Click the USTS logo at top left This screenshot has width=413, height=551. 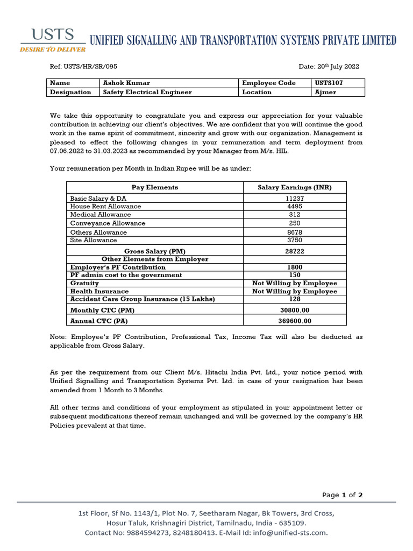pos(53,40)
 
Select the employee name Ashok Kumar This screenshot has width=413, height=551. pos(126,83)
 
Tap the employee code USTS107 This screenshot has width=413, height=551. pos(330,83)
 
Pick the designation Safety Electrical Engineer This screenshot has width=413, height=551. pos(147,92)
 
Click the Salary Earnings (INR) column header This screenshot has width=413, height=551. pos(295,187)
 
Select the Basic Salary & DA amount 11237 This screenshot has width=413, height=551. pos(295,199)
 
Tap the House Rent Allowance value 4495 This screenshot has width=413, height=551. pos(295,206)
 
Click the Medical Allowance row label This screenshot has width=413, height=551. pos(101,215)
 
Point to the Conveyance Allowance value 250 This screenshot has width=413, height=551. pos(295,223)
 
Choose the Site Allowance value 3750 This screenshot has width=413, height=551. pos(295,240)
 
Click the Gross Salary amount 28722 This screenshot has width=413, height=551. pos(295,251)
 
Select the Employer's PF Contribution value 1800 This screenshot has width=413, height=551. pos(295,267)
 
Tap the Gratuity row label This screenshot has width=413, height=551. pos(84,283)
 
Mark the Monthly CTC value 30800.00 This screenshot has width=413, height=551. pos(295,310)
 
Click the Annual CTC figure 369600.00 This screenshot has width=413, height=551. pos(295,321)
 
